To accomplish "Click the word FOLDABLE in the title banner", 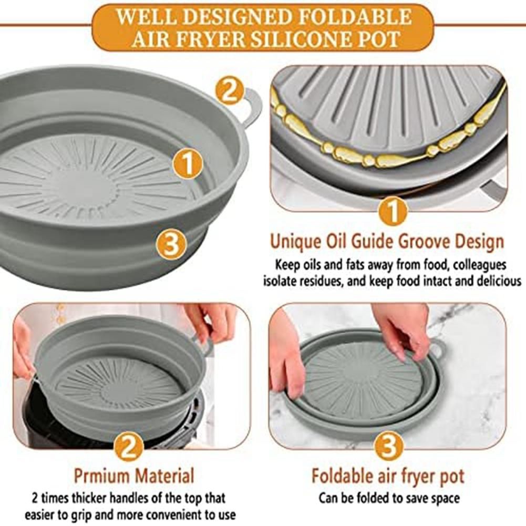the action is tap(355, 17).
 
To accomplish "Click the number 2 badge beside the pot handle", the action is tap(230, 90).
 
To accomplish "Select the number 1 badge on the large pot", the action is tap(188, 164).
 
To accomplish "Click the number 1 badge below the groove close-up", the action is tap(393, 211).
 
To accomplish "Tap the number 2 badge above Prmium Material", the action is tap(129, 447).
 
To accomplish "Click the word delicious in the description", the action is tap(499, 281).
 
